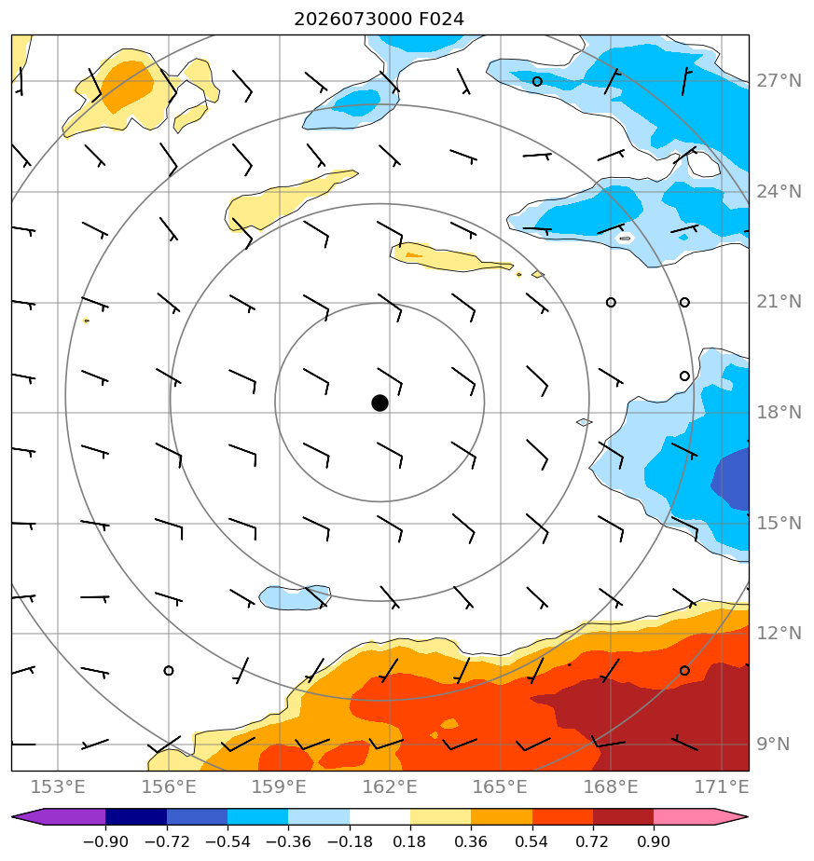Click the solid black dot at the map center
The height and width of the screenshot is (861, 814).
(x=379, y=403)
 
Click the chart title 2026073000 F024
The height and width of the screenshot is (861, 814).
(x=379, y=20)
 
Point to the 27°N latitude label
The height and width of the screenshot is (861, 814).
(x=779, y=81)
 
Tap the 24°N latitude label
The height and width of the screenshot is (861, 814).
(x=779, y=192)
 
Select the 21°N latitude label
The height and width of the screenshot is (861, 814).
(x=779, y=302)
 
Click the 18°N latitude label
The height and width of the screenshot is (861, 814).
(x=779, y=412)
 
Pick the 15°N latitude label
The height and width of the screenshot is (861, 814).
(x=779, y=523)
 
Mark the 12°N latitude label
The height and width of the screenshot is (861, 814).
(x=779, y=633)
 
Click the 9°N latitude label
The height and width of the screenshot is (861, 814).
(x=773, y=744)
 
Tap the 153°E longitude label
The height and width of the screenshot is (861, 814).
(x=58, y=786)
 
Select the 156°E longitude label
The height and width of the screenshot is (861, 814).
(x=169, y=786)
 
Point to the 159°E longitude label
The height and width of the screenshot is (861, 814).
(x=279, y=786)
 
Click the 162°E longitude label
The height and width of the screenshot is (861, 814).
(x=390, y=786)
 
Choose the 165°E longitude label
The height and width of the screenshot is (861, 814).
(x=500, y=786)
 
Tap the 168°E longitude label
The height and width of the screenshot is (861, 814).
(x=611, y=786)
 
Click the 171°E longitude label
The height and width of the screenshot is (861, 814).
(x=722, y=786)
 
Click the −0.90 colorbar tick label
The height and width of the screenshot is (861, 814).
(x=105, y=841)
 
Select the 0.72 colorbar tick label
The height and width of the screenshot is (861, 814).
(x=592, y=841)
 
